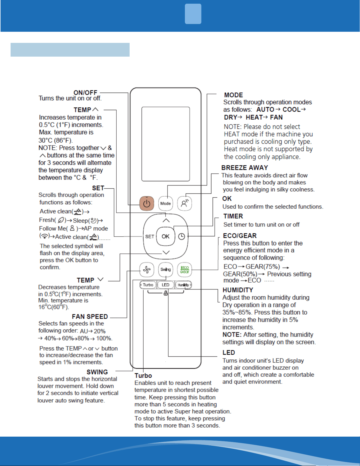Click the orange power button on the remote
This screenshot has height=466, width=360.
click(x=147, y=203)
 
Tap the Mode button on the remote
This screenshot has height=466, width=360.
click(x=166, y=203)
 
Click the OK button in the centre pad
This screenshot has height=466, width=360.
click(x=166, y=236)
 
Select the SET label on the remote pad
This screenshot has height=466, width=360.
click(x=150, y=237)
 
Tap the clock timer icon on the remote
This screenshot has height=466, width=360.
click(x=182, y=237)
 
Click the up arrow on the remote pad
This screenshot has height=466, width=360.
click(x=166, y=220)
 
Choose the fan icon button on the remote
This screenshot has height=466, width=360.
click(x=147, y=270)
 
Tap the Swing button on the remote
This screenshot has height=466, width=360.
click(x=166, y=269)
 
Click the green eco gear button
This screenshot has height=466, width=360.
click(x=185, y=270)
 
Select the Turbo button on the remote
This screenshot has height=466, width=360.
click(x=148, y=285)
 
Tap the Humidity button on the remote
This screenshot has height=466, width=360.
click(x=183, y=285)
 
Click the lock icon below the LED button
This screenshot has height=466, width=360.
click(x=166, y=293)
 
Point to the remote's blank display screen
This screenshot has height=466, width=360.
click(x=166, y=144)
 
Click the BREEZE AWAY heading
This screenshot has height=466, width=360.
click(x=245, y=168)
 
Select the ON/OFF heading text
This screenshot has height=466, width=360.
click(x=85, y=93)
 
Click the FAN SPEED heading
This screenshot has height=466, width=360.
click(x=90, y=316)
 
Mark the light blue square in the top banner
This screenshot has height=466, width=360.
click(x=193, y=14)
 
